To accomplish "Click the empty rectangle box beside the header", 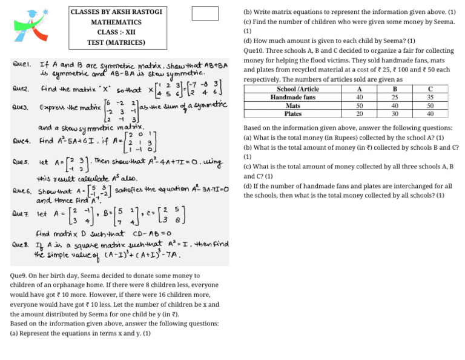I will point(205,13).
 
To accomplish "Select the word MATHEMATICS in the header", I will point(108,22).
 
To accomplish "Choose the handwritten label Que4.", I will point(22,141).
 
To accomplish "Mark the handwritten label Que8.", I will point(22,245).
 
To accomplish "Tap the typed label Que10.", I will point(255,51).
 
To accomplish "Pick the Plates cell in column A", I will point(360,113).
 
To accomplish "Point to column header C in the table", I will point(430,89).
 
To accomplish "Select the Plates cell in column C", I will point(430,113).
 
